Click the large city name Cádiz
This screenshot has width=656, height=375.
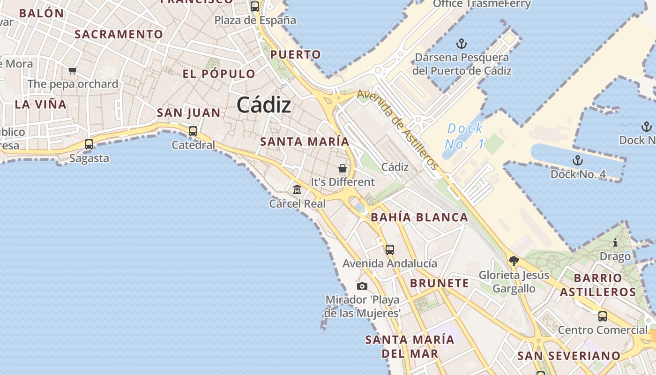(x=264, y=105)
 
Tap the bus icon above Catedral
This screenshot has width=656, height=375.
(x=193, y=131)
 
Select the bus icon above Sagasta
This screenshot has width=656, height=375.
(x=89, y=144)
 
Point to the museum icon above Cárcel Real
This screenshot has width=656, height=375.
(x=297, y=190)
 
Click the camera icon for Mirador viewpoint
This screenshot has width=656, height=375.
(x=362, y=286)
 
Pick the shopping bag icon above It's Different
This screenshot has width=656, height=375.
(x=343, y=168)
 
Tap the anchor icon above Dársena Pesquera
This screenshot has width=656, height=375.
(x=462, y=44)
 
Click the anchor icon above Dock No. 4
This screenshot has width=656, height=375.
(x=578, y=161)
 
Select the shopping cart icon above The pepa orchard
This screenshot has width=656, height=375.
(x=73, y=71)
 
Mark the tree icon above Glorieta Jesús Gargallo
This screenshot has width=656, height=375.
(x=514, y=261)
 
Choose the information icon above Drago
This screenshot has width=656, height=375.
(x=615, y=243)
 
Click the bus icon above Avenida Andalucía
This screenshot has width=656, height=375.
(x=390, y=250)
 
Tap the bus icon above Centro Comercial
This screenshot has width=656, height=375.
(x=603, y=316)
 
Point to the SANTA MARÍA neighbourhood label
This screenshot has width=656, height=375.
(x=305, y=142)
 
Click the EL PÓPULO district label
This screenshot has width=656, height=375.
(x=219, y=74)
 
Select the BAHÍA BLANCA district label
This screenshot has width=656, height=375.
(x=419, y=217)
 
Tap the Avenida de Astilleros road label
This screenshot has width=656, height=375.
(x=398, y=129)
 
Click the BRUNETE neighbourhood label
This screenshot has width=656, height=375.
(x=439, y=283)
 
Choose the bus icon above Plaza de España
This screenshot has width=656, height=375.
(x=255, y=7)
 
